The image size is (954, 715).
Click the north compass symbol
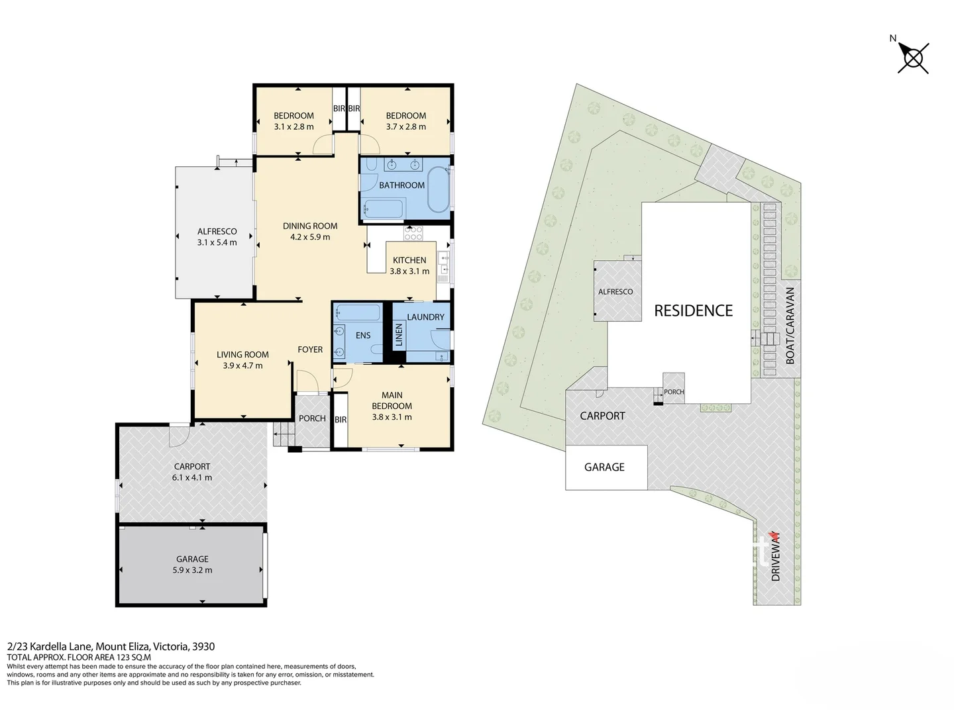click(913, 58)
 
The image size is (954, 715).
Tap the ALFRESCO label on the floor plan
click(217, 231)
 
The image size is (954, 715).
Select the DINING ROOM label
click(310, 226)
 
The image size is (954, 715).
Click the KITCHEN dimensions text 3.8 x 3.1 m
click(409, 271)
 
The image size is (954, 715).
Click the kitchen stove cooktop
click(413, 233)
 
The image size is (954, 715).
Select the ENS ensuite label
click(363, 336)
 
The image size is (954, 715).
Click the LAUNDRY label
click(425, 317)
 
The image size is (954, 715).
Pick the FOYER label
click(310, 350)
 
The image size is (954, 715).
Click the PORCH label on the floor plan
click(312, 418)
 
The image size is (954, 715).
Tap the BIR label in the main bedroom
click(341, 420)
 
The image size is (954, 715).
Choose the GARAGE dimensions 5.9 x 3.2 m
click(192, 570)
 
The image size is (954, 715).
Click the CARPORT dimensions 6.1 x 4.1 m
click(192, 477)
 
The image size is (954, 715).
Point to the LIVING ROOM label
click(242, 355)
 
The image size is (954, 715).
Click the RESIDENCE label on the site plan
click(693, 310)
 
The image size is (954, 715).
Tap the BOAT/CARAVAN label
click(790, 325)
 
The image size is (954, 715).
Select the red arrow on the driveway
click(771, 538)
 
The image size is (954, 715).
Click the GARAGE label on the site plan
click(604, 467)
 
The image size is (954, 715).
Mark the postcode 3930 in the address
click(203, 646)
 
